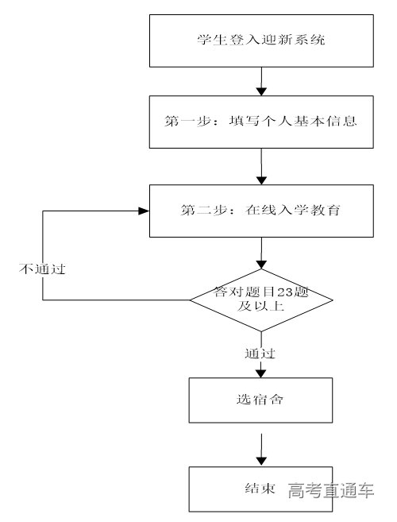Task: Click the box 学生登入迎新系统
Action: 261,40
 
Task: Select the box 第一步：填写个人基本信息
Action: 261,122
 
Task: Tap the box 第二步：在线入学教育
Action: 261,211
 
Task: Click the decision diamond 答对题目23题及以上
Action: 261,300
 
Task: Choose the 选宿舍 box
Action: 261,400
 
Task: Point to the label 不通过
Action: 40,269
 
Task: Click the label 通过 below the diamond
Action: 260,352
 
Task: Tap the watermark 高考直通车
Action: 330,490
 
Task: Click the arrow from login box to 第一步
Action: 261,81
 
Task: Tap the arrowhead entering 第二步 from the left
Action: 145,211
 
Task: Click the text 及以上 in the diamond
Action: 260,306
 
